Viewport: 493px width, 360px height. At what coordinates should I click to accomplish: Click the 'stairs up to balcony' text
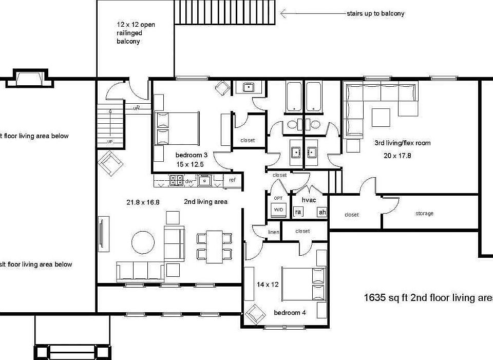[375, 13]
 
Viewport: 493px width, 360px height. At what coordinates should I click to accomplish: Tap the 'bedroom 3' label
[191, 155]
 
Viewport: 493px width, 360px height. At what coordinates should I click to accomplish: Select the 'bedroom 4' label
[290, 313]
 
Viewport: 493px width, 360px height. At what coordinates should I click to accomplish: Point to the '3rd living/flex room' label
[402, 143]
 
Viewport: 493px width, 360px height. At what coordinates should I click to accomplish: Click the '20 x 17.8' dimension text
[397, 155]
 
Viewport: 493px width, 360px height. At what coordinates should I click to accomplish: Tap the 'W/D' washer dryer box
[279, 210]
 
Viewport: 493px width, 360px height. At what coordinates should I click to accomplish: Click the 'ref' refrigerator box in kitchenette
[232, 180]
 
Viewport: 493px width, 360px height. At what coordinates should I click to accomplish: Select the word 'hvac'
[309, 199]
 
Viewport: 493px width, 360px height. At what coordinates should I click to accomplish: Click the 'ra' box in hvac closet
[298, 212]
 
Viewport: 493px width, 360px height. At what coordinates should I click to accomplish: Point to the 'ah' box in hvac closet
[322, 212]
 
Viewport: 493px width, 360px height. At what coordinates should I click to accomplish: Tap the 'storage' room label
[424, 214]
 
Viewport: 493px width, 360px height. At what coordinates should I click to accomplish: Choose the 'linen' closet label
[274, 233]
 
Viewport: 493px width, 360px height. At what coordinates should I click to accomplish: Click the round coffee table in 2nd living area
[143, 242]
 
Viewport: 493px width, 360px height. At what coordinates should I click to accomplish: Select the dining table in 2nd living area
[214, 247]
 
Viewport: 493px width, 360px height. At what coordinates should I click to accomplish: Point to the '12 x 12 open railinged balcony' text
[128, 33]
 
